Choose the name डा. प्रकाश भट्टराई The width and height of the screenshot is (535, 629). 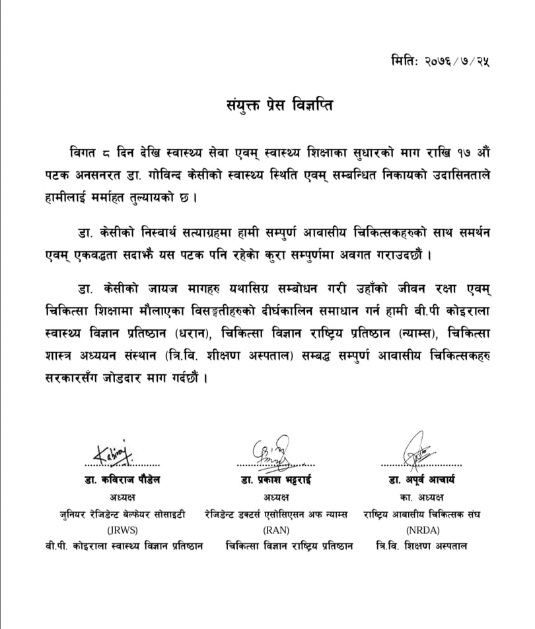pos(271,480)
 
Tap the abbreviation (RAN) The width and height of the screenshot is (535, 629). pos(271,530)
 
